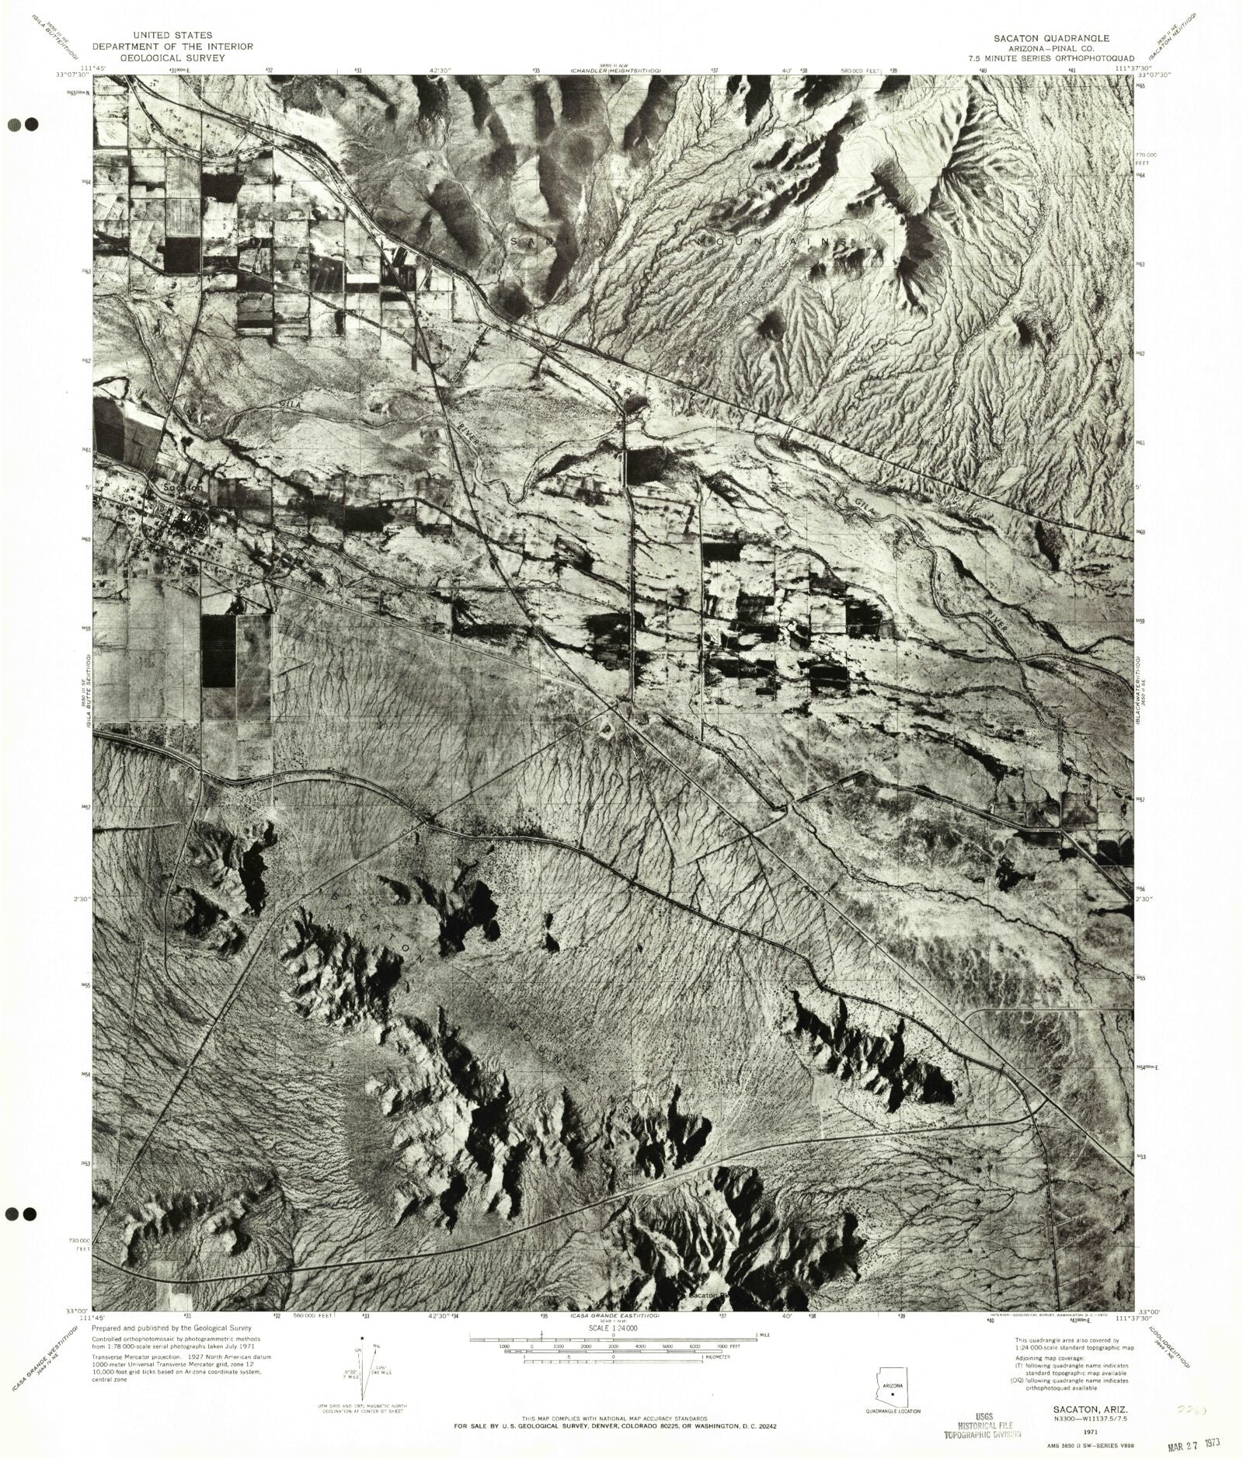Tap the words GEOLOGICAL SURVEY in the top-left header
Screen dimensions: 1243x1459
(183, 57)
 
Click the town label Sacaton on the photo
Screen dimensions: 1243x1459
(183, 487)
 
